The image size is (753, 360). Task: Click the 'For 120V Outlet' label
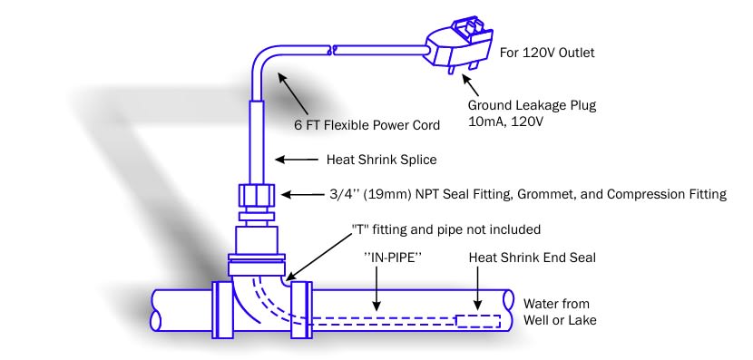(547, 53)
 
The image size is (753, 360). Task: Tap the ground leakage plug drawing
(461, 44)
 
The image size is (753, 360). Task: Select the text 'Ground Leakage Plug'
(533, 105)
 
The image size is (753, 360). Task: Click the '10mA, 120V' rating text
(505, 122)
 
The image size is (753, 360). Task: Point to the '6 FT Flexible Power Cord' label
(367, 126)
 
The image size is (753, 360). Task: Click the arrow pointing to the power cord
(293, 93)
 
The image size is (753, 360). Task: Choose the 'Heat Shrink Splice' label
(382, 160)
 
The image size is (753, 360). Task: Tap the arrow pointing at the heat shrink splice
(297, 160)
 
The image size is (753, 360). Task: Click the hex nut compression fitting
(256, 196)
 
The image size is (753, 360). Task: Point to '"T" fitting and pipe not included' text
(446, 229)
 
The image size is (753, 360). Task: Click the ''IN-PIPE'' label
(393, 258)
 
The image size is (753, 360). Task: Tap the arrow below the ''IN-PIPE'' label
(377, 288)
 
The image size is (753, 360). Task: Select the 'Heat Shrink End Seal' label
(533, 258)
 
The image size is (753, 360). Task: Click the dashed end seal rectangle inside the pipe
(478, 321)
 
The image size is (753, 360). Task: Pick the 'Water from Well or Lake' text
(560, 312)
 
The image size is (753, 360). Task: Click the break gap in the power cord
(330, 50)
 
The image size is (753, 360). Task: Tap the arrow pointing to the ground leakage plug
(471, 84)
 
